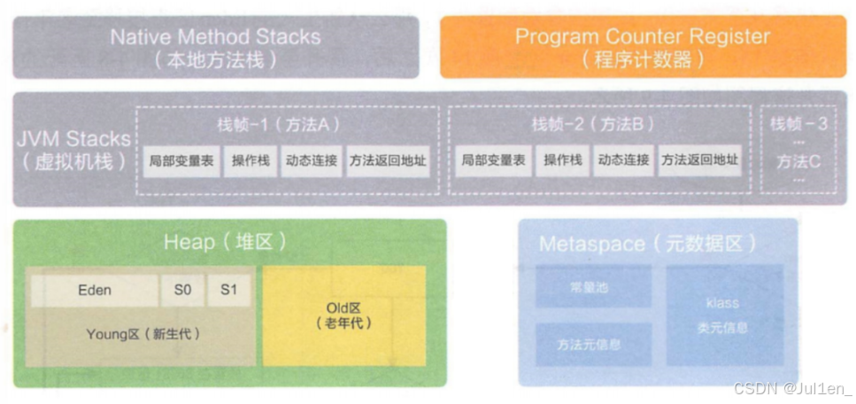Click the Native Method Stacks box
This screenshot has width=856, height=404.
pyautogui.click(x=215, y=48)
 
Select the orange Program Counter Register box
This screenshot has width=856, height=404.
pyautogui.click(x=643, y=48)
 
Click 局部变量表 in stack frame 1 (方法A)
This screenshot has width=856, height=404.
pyautogui.click(x=181, y=161)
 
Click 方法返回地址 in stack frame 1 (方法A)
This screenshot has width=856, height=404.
pyautogui.click(x=388, y=161)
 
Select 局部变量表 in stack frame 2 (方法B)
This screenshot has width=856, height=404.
pyautogui.click(x=493, y=161)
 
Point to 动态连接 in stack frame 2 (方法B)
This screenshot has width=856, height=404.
pyautogui.click(x=623, y=161)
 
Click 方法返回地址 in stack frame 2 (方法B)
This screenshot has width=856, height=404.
pyautogui.click(x=699, y=161)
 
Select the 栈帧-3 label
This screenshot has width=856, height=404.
pyautogui.click(x=798, y=124)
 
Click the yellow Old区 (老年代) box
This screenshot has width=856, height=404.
pyautogui.click(x=343, y=315)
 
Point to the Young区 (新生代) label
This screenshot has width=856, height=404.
pyautogui.click(x=143, y=335)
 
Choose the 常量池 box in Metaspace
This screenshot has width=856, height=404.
pyautogui.click(x=591, y=288)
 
